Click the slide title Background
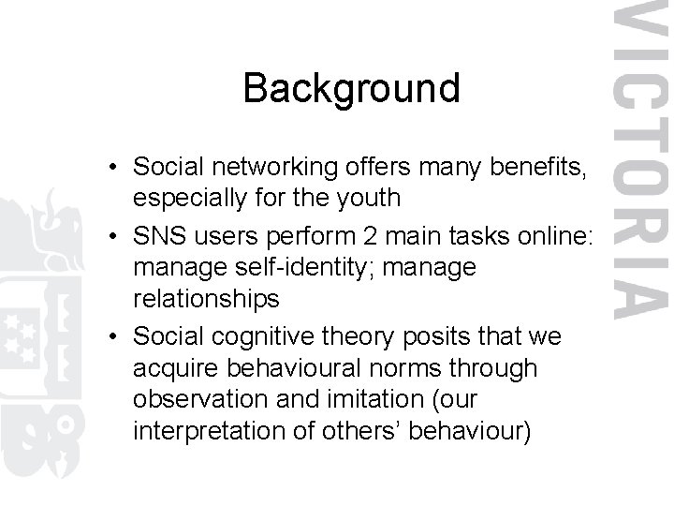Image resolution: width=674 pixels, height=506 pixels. coord(351,89)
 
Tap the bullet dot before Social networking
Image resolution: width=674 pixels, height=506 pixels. coord(111,168)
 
